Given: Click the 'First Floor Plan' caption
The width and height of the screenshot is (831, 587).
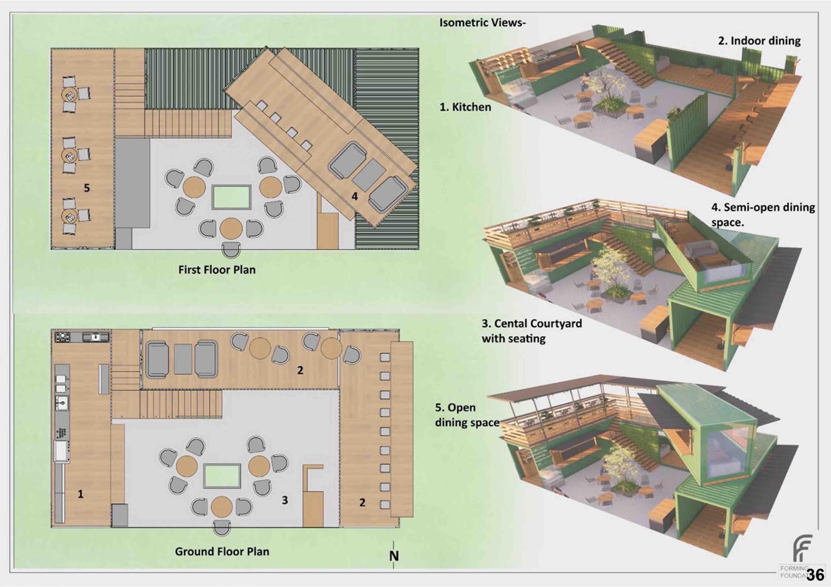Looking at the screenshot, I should (217, 270).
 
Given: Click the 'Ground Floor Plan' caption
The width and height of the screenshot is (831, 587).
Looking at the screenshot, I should (222, 552).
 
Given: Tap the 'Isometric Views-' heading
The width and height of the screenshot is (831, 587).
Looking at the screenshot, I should (482, 23).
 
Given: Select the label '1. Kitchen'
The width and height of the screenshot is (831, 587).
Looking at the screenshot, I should (465, 107).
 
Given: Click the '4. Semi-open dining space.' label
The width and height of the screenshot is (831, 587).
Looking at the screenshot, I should (763, 215).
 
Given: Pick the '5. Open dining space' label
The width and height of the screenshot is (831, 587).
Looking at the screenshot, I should (467, 415).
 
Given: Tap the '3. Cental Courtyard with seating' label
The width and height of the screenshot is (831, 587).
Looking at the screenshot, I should (531, 331).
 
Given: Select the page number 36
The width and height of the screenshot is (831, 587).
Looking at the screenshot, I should (816, 575).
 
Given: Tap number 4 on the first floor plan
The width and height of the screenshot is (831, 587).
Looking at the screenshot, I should (355, 196).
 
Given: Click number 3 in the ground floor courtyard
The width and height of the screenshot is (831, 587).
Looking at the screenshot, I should (285, 500).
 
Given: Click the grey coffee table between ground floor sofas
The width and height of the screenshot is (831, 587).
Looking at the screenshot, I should (183, 359).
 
